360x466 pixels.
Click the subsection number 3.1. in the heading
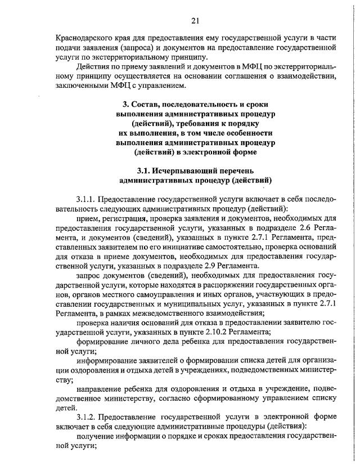145,171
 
